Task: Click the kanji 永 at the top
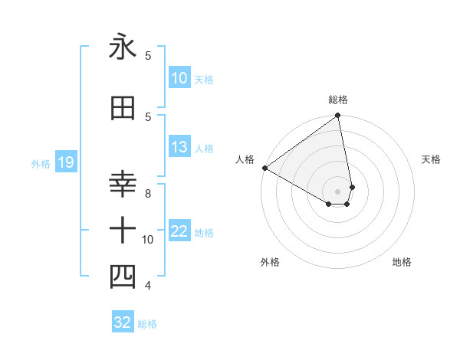[x=123, y=47]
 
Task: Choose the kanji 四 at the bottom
[x=123, y=277]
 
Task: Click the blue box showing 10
[x=179, y=78]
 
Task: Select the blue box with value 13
[x=179, y=148]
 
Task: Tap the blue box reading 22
[x=179, y=231]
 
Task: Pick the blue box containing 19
[x=65, y=162]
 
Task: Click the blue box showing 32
[x=123, y=322]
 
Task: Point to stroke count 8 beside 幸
[x=147, y=193]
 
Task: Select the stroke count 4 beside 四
[x=147, y=286]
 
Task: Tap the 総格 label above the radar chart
[x=337, y=100]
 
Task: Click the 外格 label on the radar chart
[x=269, y=262]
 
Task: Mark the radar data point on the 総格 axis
[x=337, y=116]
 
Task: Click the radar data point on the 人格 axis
[x=264, y=168]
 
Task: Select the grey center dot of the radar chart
[x=337, y=191]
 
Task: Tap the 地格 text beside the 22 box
[x=204, y=232]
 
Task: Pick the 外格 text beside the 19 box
[x=41, y=163]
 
